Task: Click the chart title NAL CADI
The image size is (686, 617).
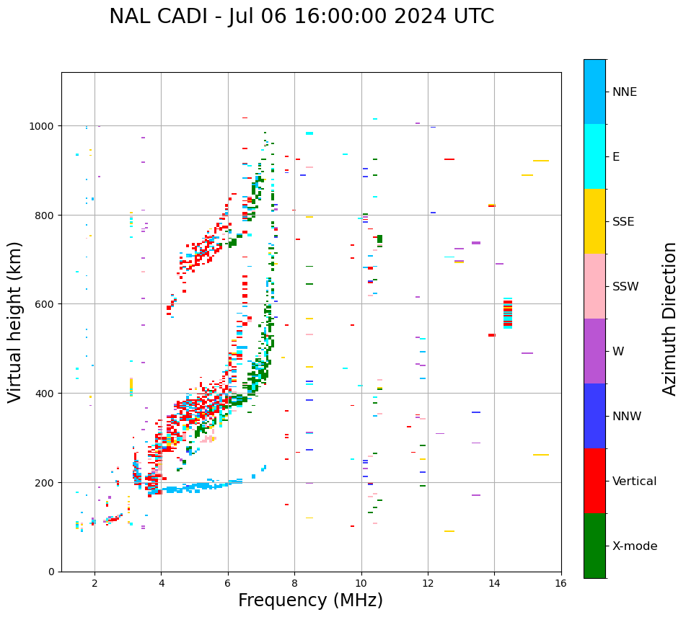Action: (x=302, y=17)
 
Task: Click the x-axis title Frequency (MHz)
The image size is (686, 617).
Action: (x=310, y=600)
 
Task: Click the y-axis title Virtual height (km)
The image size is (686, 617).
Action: (x=15, y=321)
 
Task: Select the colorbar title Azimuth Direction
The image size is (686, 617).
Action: (x=670, y=318)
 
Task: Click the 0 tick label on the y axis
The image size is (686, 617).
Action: (x=50, y=572)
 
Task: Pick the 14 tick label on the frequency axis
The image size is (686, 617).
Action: (x=494, y=583)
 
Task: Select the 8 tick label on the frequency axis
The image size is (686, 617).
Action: (x=294, y=583)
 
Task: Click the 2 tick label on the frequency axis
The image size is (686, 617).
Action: (x=94, y=583)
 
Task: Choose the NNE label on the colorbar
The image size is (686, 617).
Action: (x=625, y=92)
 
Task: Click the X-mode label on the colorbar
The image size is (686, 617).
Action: (x=635, y=546)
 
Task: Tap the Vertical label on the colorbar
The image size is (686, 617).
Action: (x=635, y=481)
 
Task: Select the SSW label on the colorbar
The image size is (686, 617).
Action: (x=625, y=286)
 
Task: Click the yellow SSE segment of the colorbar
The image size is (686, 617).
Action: (x=594, y=221)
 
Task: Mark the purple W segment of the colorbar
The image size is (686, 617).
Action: (x=594, y=351)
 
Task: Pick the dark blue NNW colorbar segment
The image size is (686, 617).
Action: (x=594, y=416)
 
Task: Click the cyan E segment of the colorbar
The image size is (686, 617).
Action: (x=594, y=156)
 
